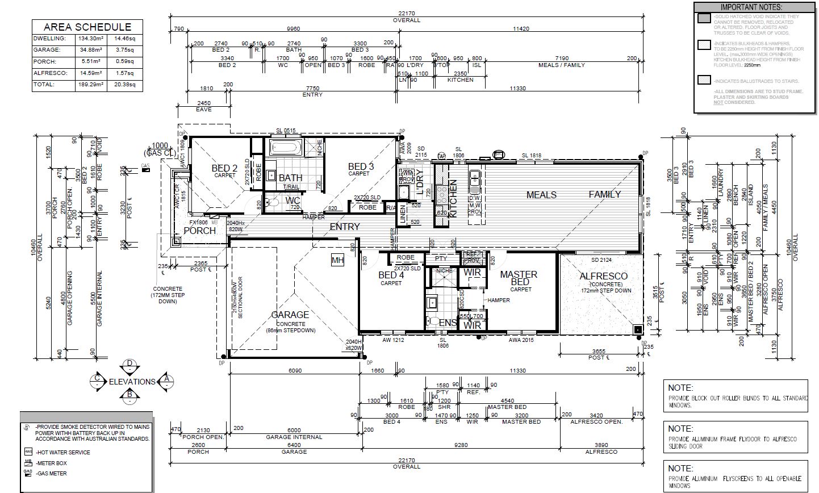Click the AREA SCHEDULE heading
point(87,27)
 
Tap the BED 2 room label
point(224,168)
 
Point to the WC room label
point(293,200)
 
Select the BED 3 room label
point(361,166)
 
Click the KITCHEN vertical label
point(454,199)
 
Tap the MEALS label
point(541,194)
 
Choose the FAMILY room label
point(604,194)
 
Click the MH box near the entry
point(337,260)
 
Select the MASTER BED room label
point(519,278)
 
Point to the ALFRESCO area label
point(603,276)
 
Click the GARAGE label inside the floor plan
point(290,315)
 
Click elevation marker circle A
point(165,378)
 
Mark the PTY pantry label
point(441,258)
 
